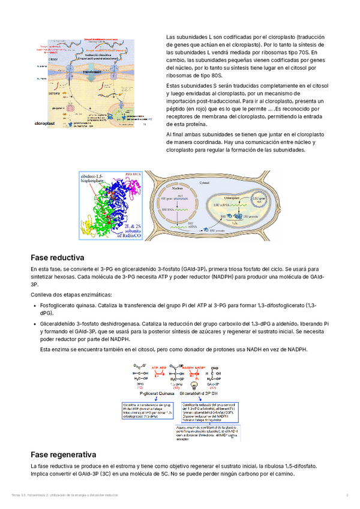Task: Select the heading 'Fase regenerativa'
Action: [x=67, y=454]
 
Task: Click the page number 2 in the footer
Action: [x=347, y=495]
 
